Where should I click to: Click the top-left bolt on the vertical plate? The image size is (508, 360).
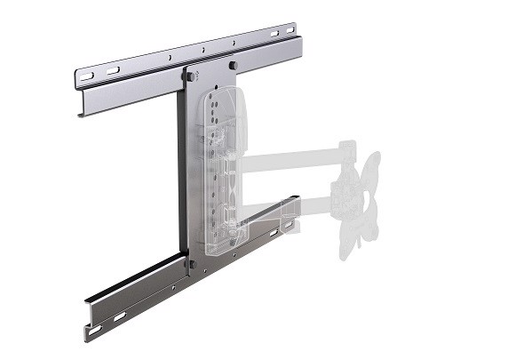click(189, 76)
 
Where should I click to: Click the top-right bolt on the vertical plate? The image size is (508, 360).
click(232, 65)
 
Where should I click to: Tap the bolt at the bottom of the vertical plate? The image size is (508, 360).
click(190, 263)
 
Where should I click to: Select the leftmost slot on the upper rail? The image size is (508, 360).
click(87, 76)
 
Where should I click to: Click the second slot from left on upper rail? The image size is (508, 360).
click(113, 70)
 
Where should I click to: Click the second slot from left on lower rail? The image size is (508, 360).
click(118, 316)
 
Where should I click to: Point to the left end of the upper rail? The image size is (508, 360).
click(77, 89)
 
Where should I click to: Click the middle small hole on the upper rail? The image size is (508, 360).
click(202, 50)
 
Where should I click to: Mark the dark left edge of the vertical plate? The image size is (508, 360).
click(181, 169)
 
